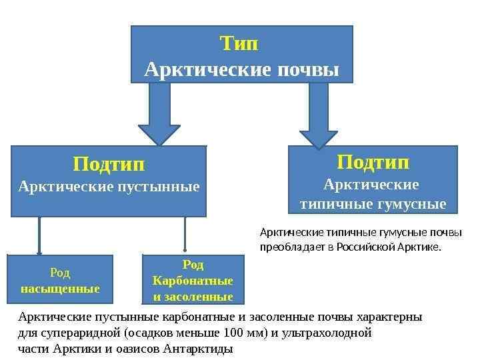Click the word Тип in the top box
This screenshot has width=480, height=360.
[239, 44]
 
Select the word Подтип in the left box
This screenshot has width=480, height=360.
[109, 163]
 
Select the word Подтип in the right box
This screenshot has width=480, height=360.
[373, 163]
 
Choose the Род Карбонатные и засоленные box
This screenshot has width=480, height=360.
[193, 279]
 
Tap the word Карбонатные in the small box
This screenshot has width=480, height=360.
[193, 280]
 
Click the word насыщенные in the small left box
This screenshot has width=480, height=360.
[60, 289]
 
